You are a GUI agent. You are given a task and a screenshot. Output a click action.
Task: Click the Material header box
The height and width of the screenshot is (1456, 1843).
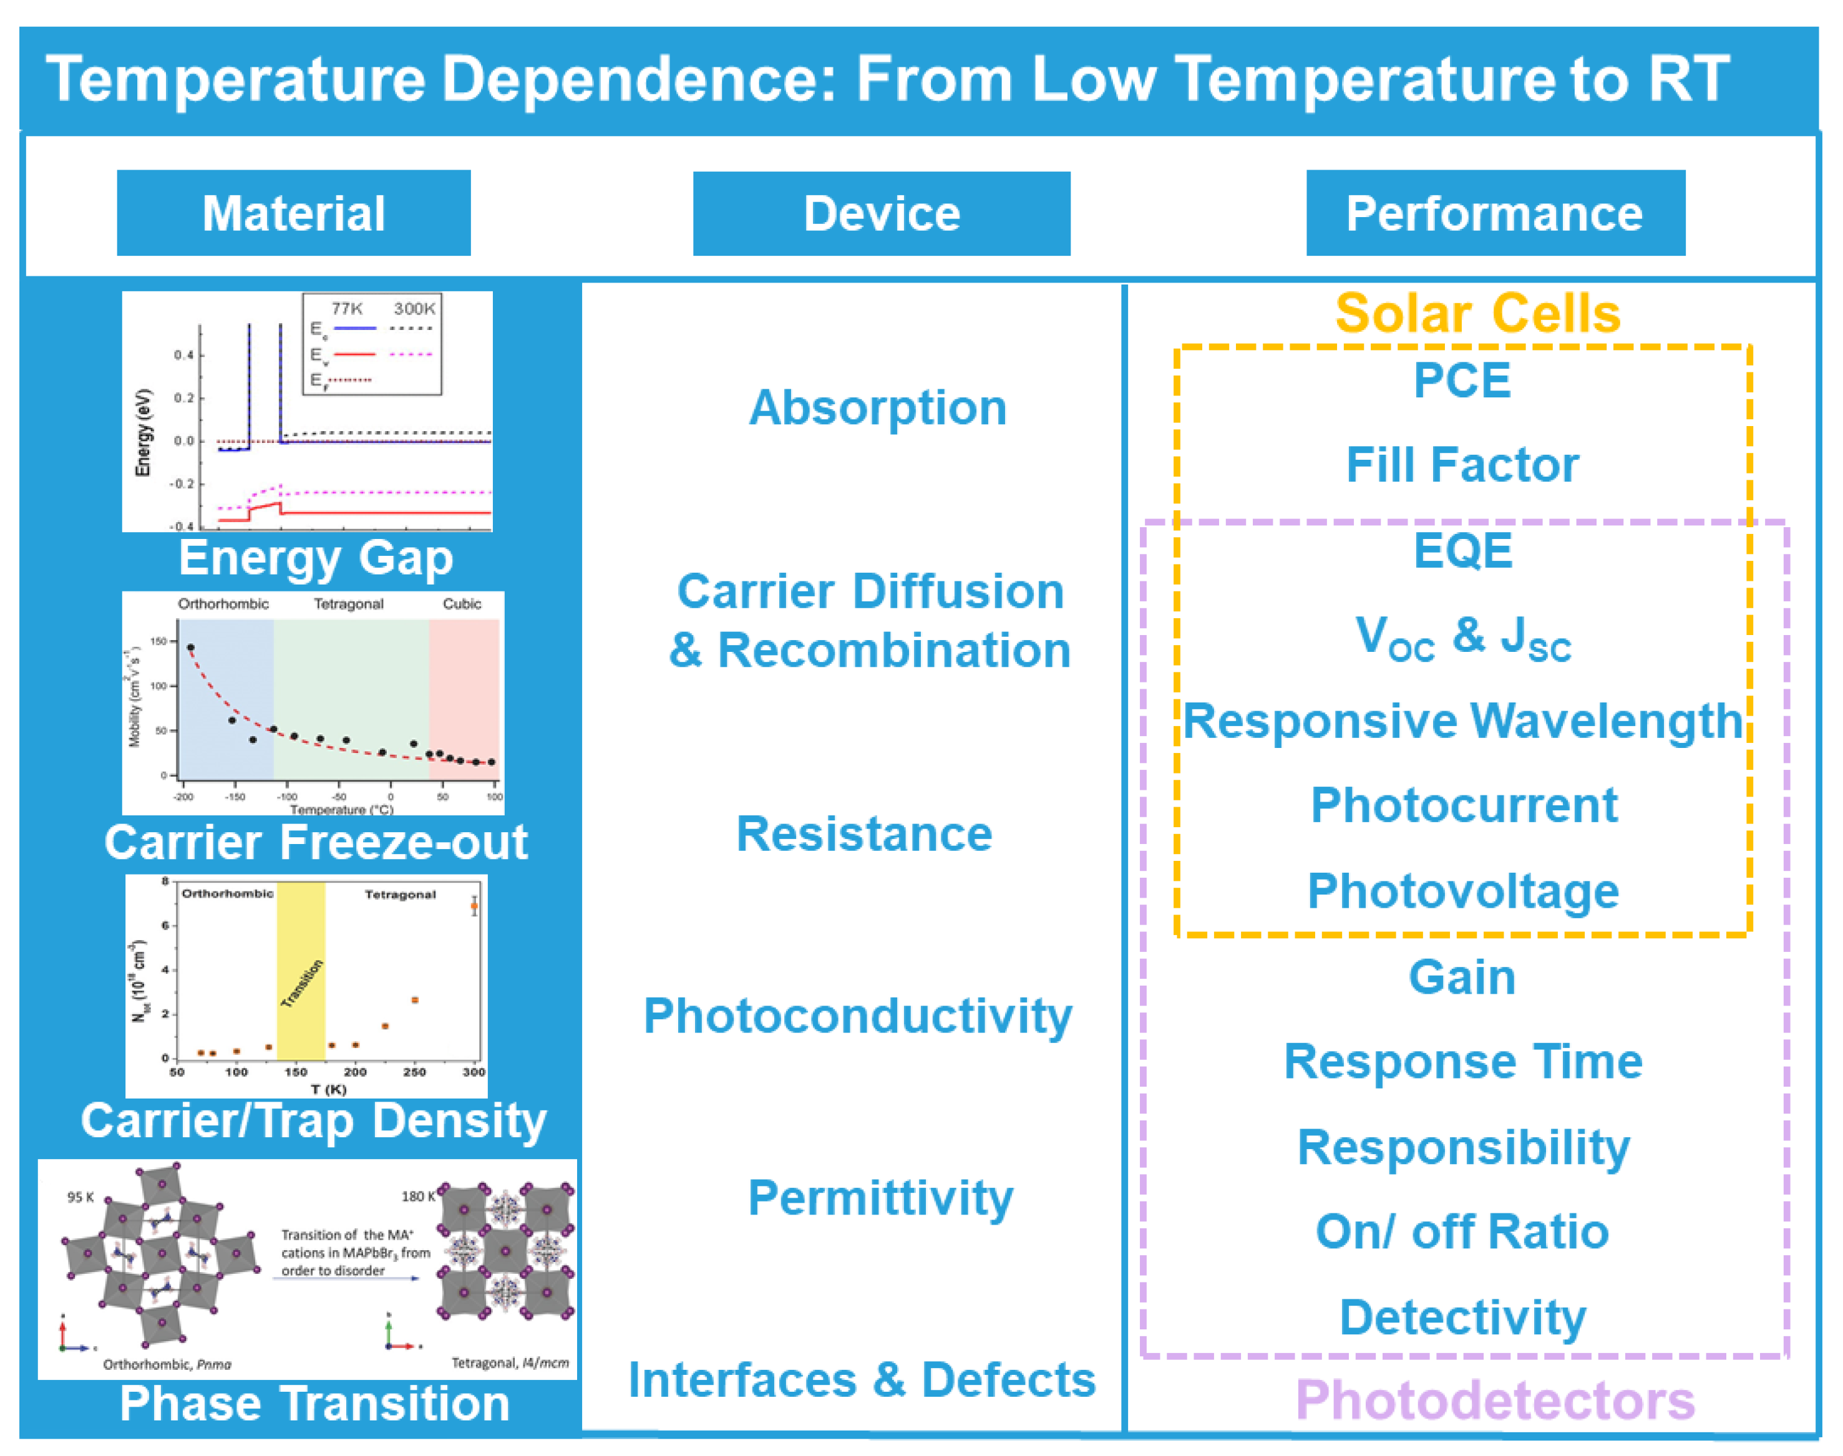293,213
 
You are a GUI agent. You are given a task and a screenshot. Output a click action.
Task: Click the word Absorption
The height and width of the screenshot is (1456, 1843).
877,407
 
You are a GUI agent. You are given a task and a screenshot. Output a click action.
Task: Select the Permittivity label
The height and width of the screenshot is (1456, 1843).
880,1198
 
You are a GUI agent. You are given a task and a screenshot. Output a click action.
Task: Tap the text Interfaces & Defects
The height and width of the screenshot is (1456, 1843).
861,1379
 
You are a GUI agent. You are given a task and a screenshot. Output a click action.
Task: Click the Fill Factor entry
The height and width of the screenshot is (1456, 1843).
1461,465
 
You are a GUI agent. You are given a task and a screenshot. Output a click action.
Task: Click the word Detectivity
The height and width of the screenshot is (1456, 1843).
1462,1317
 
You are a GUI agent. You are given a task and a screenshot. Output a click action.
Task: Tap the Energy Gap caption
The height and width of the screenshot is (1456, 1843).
316,558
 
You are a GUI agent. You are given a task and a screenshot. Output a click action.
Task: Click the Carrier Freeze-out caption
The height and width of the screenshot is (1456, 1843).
316,842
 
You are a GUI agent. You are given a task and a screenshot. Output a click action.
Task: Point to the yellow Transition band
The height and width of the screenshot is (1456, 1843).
301,972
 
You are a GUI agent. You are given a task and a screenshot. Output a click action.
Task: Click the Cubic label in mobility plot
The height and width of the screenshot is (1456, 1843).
461,603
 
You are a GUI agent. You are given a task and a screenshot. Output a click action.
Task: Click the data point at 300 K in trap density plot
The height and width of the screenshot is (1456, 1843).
474,906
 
